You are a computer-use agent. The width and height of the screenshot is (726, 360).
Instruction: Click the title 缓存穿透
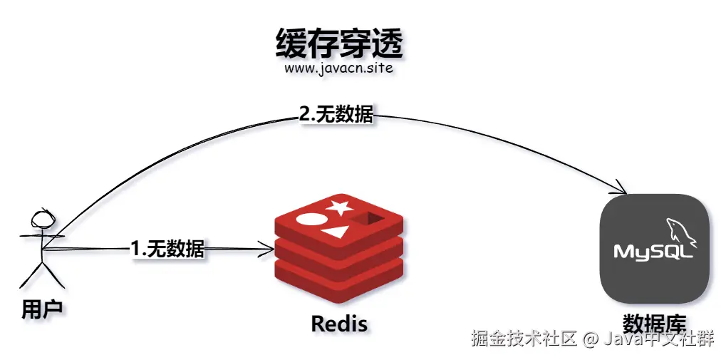(339, 44)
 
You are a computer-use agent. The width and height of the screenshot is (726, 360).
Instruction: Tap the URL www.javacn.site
(338, 70)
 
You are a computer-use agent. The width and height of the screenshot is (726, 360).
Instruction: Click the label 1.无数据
(168, 249)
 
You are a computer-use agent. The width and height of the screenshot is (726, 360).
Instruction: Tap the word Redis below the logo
(339, 324)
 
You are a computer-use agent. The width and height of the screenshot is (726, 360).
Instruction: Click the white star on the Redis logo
(339, 208)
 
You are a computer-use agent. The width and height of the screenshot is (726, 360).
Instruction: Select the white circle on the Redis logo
(310, 218)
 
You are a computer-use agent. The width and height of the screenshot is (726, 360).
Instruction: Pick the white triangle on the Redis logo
(335, 232)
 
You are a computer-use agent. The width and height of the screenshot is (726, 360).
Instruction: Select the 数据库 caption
(654, 322)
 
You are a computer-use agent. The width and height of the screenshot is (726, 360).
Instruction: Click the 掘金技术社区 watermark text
(523, 339)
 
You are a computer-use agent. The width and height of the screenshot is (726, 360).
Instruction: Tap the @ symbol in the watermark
(589, 339)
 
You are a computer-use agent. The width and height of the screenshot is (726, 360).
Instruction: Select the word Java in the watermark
(621, 339)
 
